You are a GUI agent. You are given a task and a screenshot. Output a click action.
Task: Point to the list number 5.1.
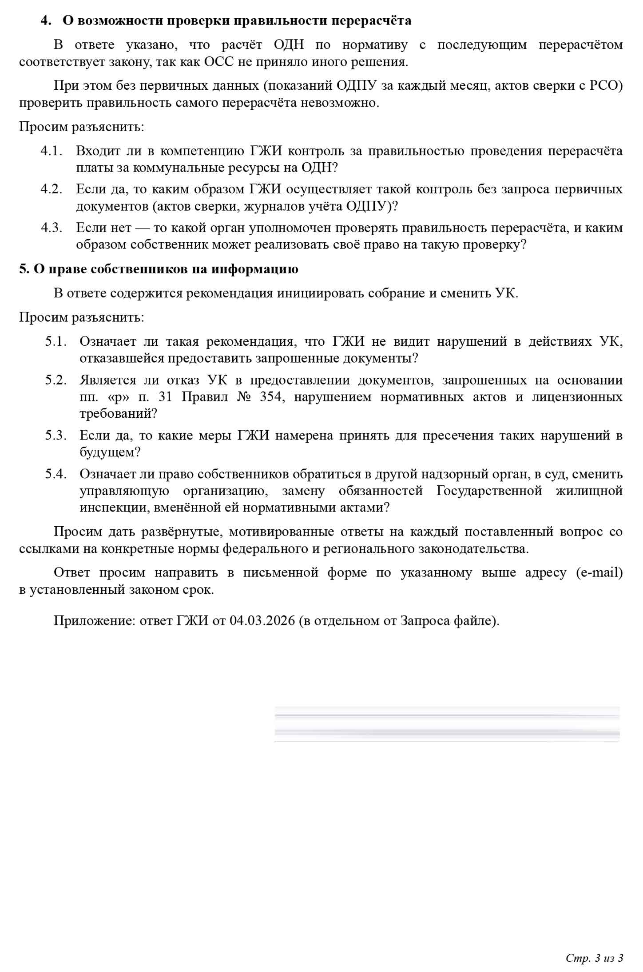[x=55, y=341]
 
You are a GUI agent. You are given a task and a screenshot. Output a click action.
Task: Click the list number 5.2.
[x=55, y=380]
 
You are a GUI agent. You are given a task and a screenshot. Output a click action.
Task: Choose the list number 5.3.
[x=55, y=436]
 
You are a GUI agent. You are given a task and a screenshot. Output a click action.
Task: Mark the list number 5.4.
[x=55, y=474]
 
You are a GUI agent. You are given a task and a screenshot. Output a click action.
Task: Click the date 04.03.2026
[x=262, y=620]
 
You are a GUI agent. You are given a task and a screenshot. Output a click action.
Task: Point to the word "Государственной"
[x=490, y=491]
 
